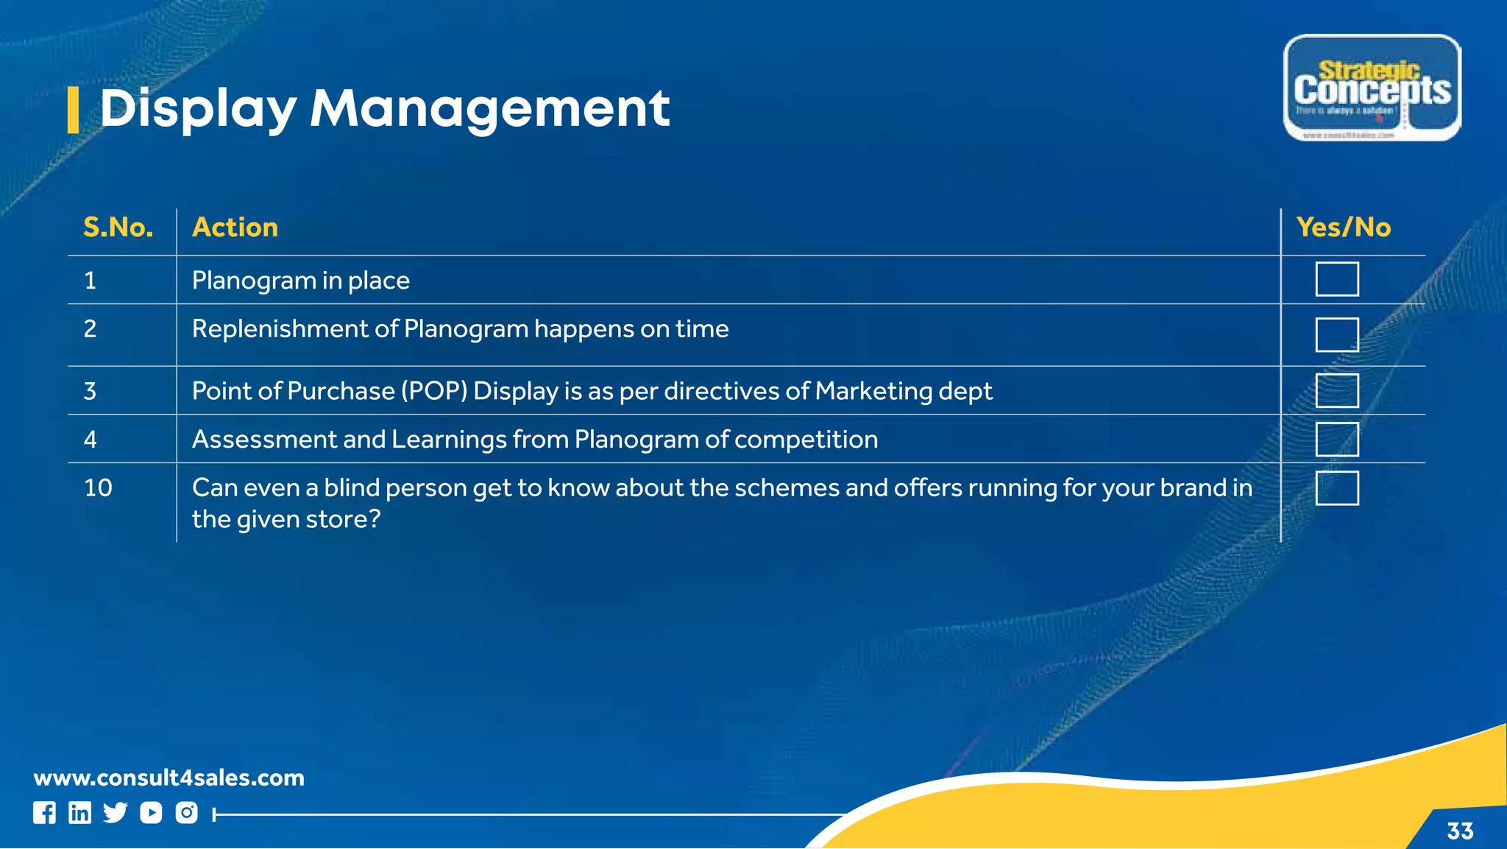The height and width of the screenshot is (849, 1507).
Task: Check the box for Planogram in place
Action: tap(1336, 279)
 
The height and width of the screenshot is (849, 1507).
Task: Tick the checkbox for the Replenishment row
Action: tap(1336, 335)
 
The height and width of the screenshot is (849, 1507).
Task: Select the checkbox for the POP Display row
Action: tap(1336, 390)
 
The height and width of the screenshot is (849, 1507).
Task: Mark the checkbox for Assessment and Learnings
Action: tap(1336, 440)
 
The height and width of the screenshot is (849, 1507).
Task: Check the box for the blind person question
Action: tap(1336, 488)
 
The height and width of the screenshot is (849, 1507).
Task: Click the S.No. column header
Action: tap(118, 228)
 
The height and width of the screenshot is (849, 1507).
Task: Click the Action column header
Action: tap(235, 228)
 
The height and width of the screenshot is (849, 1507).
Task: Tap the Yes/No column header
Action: tap(1343, 228)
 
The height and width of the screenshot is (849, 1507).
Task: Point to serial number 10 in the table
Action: tap(98, 487)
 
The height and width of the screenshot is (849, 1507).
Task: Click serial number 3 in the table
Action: tap(90, 391)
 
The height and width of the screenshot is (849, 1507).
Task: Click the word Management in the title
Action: tap(489, 108)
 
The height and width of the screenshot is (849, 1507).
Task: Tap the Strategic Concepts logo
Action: tap(1372, 88)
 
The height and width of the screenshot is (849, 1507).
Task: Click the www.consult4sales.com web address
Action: tap(169, 778)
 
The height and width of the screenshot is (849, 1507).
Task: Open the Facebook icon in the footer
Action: tap(44, 813)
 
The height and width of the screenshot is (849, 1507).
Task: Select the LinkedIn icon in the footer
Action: tap(79, 813)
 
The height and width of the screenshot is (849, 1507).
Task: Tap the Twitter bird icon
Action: tap(115, 813)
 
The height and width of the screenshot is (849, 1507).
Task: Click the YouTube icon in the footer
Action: tap(151, 813)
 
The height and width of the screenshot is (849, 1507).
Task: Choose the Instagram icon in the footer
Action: tap(186, 813)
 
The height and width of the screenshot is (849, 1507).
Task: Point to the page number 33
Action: tap(1460, 831)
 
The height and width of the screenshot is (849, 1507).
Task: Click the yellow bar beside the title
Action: tap(73, 110)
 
